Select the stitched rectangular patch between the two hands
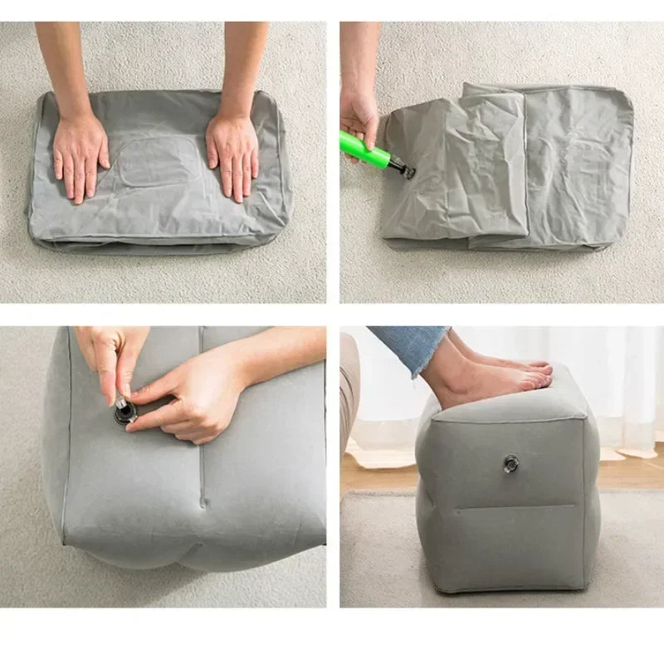[158, 162]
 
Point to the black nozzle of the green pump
[405, 169]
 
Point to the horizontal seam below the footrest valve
[515, 507]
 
